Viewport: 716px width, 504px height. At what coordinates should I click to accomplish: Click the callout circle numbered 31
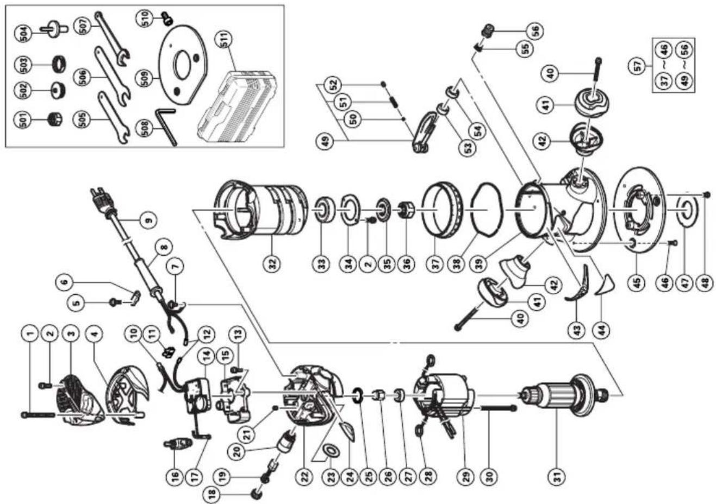[558, 476]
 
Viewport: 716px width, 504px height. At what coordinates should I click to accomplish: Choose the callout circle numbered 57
[638, 66]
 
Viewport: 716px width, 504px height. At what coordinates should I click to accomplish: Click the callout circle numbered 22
[305, 476]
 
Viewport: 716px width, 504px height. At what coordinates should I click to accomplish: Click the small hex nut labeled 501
[55, 118]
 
